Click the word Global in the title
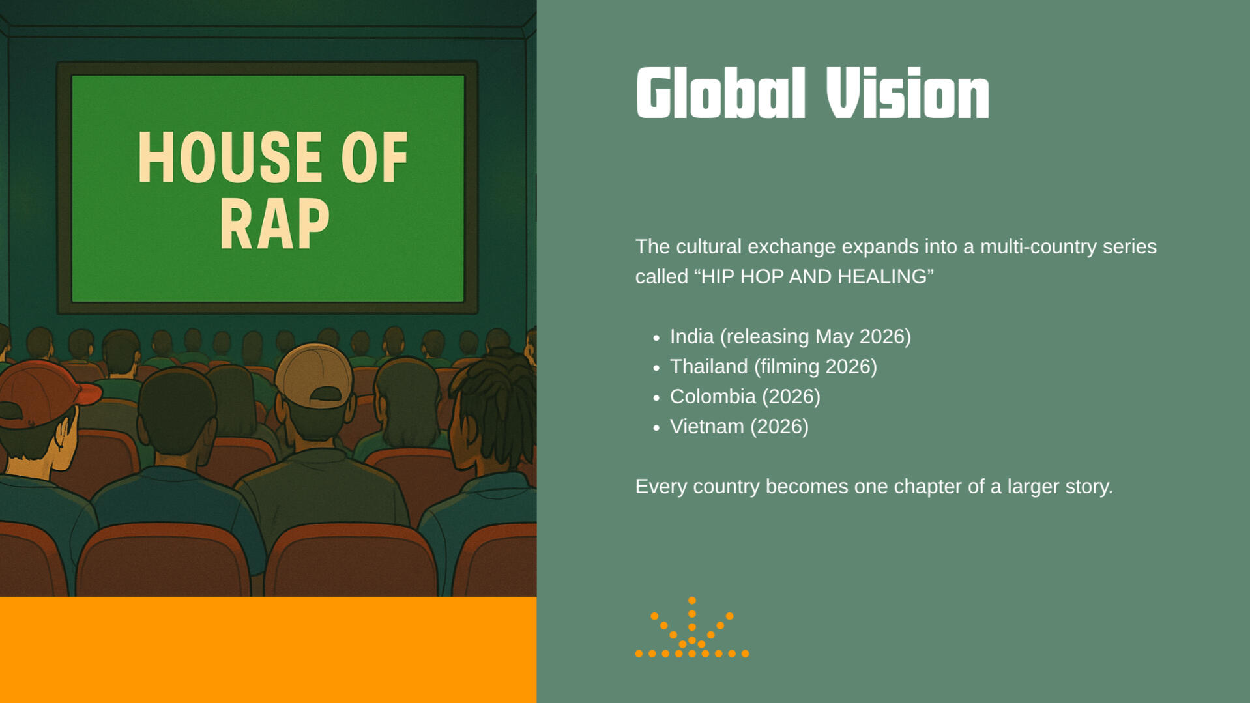(721, 93)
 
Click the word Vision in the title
(907, 93)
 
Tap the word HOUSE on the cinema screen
(229, 158)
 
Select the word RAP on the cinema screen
(274, 224)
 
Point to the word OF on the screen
(374, 158)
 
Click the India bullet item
(790, 337)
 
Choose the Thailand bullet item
(773, 367)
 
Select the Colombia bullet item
(745, 397)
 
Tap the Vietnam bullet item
(739, 427)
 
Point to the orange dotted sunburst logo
(692, 627)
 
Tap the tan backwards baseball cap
(315, 376)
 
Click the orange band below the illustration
(268, 650)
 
